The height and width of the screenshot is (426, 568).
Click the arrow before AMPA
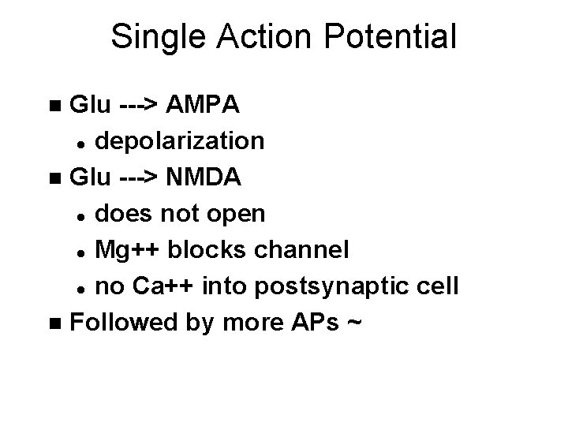pyautogui.click(x=140, y=104)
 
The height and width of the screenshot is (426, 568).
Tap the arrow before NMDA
pyautogui.click(x=140, y=177)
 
